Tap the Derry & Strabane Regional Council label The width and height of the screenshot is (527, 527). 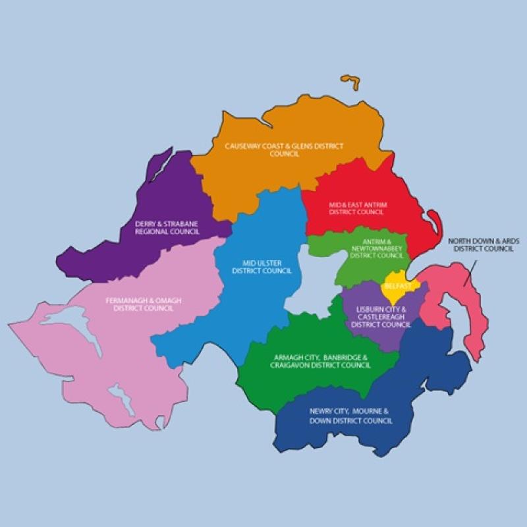(166, 227)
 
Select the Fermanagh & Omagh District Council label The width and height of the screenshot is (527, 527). (143, 304)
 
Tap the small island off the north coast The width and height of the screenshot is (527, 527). (352, 83)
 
